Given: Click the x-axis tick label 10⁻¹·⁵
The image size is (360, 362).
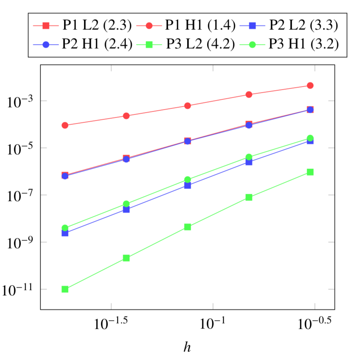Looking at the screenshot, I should (x=111, y=323).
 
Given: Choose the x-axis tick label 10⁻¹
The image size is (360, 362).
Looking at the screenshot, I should (x=213, y=323).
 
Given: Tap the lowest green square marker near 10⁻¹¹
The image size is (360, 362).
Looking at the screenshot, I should (x=65, y=289).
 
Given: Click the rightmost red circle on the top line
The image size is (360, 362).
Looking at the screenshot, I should (x=310, y=85).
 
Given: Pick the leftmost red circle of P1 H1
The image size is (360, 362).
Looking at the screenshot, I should (x=65, y=125).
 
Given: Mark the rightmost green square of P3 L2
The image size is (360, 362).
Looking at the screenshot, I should (x=310, y=172).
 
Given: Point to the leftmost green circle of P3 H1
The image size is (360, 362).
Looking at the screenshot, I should (x=65, y=228).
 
